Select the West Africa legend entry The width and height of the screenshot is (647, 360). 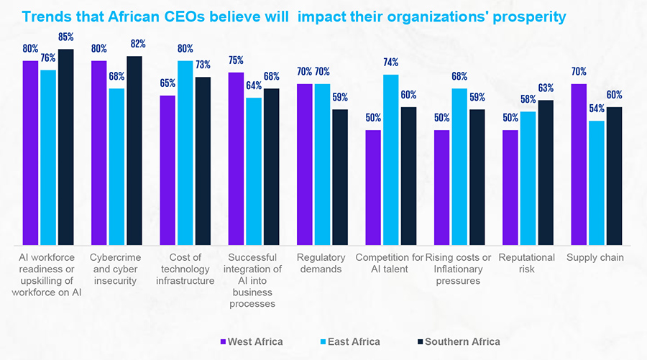(x=251, y=341)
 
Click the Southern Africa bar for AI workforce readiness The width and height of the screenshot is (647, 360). (x=66, y=147)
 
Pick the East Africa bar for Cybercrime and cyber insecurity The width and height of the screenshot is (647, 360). (x=116, y=167)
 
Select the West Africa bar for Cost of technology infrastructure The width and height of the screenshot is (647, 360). (x=168, y=170)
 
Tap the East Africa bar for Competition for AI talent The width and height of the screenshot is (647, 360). (x=390, y=160)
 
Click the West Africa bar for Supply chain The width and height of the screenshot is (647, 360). (x=579, y=165)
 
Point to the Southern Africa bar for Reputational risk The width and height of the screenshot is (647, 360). (x=546, y=172)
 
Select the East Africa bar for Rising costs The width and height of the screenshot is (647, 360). (x=459, y=167)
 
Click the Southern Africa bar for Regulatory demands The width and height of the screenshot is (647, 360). (x=339, y=177)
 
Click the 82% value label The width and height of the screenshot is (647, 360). (x=134, y=44)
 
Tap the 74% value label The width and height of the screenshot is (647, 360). (x=390, y=63)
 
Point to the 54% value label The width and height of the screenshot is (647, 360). (x=596, y=109)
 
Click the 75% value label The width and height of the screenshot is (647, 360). (x=236, y=60)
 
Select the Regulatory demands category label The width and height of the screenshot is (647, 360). (x=321, y=263)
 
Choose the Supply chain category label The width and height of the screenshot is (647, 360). (x=595, y=257)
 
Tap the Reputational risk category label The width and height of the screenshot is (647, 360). (x=527, y=263)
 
